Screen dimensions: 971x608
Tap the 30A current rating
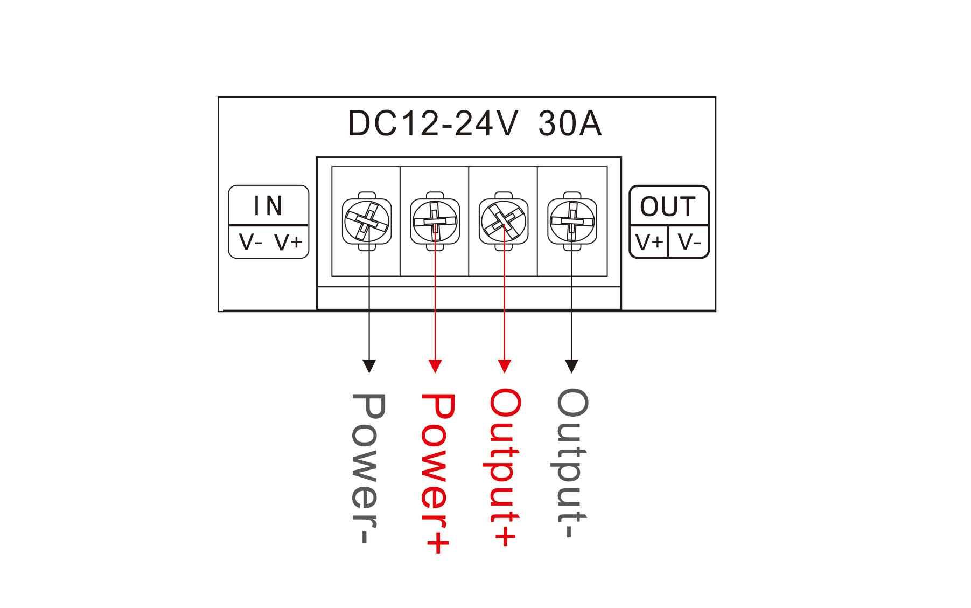(570, 123)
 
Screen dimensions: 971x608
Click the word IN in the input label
(268, 205)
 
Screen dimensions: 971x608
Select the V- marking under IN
(250, 243)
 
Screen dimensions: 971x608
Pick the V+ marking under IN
(289, 243)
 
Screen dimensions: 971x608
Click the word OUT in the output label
(668, 206)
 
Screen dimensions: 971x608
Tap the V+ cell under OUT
(649, 242)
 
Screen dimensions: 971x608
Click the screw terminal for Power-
(367, 221)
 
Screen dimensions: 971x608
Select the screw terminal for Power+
(435, 221)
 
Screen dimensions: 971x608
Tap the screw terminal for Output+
(504, 221)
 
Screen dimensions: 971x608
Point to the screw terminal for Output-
(572, 221)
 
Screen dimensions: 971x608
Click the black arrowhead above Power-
(369, 367)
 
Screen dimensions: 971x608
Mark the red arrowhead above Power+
(435, 367)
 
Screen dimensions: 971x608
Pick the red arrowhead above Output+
(504, 367)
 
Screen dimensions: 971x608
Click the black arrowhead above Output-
(572, 367)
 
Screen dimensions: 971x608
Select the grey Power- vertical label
(368, 469)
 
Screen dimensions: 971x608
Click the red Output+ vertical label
(505, 468)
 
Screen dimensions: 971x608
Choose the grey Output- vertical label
(572, 464)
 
